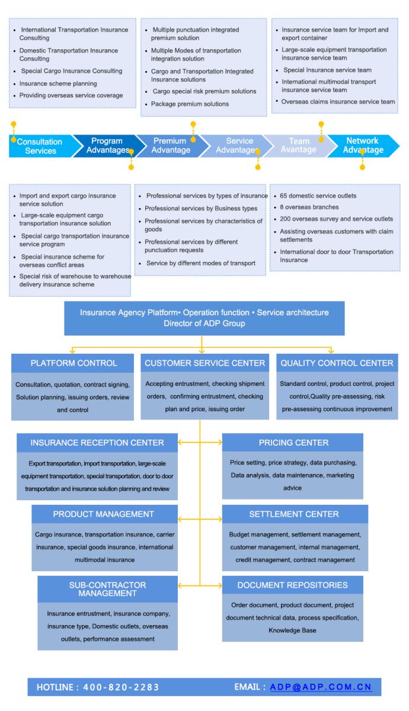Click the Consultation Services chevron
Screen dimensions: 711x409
coord(40,146)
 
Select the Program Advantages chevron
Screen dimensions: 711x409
coord(107,146)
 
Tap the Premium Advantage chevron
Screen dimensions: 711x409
coord(170,146)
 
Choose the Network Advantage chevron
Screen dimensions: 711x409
coord(362,146)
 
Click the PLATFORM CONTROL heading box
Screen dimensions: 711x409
coord(74,363)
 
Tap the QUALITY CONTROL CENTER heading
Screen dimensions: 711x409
coord(336,363)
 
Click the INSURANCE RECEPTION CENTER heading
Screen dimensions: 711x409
coord(97,443)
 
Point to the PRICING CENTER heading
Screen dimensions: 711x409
coord(293,443)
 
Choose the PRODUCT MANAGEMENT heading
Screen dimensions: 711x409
coord(104,514)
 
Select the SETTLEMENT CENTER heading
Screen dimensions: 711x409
coord(295,514)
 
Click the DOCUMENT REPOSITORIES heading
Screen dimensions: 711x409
coord(293,585)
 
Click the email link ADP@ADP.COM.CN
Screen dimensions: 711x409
coord(321,687)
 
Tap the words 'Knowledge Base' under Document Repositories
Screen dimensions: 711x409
coord(292,630)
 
